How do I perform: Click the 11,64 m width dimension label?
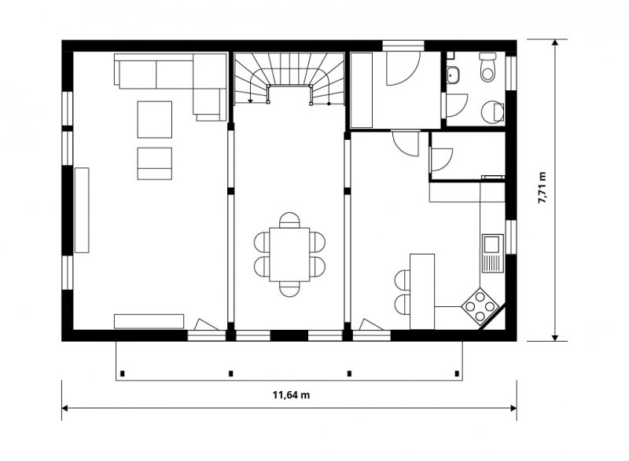(x=291, y=395)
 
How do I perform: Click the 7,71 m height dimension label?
(x=542, y=188)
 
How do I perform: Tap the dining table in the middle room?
(x=289, y=254)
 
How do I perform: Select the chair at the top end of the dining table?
(x=289, y=220)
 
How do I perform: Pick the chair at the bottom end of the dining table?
(x=289, y=289)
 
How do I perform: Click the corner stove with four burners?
(x=480, y=307)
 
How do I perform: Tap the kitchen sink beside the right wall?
(x=493, y=253)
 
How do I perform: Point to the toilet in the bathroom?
(x=487, y=67)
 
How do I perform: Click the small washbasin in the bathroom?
(x=454, y=75)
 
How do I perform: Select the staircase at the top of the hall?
(x=289, y=78)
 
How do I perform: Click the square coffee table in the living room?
(x=154, y=119)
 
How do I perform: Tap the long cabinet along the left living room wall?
(x=82, y=210)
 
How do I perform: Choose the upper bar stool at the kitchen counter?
(x=403, y=280)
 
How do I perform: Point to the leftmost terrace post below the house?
(x=123, y=374)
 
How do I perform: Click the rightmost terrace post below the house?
(x=457, y=374)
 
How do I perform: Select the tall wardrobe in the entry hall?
(x=362, y=90)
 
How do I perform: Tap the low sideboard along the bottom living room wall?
(x=149, y=321)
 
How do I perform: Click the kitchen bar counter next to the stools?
(x=422, y=291)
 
